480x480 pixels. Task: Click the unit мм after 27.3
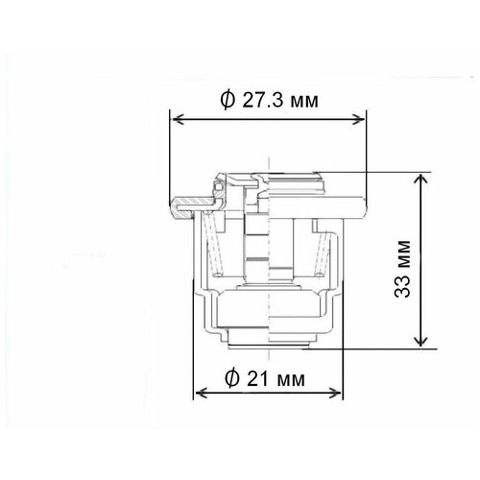click(x=305, y=100)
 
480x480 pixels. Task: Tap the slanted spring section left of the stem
click(x=220, y=254)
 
